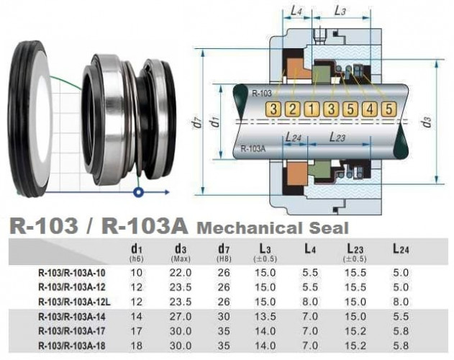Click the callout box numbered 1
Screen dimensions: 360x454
311,109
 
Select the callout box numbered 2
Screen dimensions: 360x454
292,109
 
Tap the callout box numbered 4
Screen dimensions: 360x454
369,109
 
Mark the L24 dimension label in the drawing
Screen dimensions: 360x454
294,136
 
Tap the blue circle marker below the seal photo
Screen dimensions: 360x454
138,192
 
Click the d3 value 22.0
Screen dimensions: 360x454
181,273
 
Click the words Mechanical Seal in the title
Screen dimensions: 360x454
273,228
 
